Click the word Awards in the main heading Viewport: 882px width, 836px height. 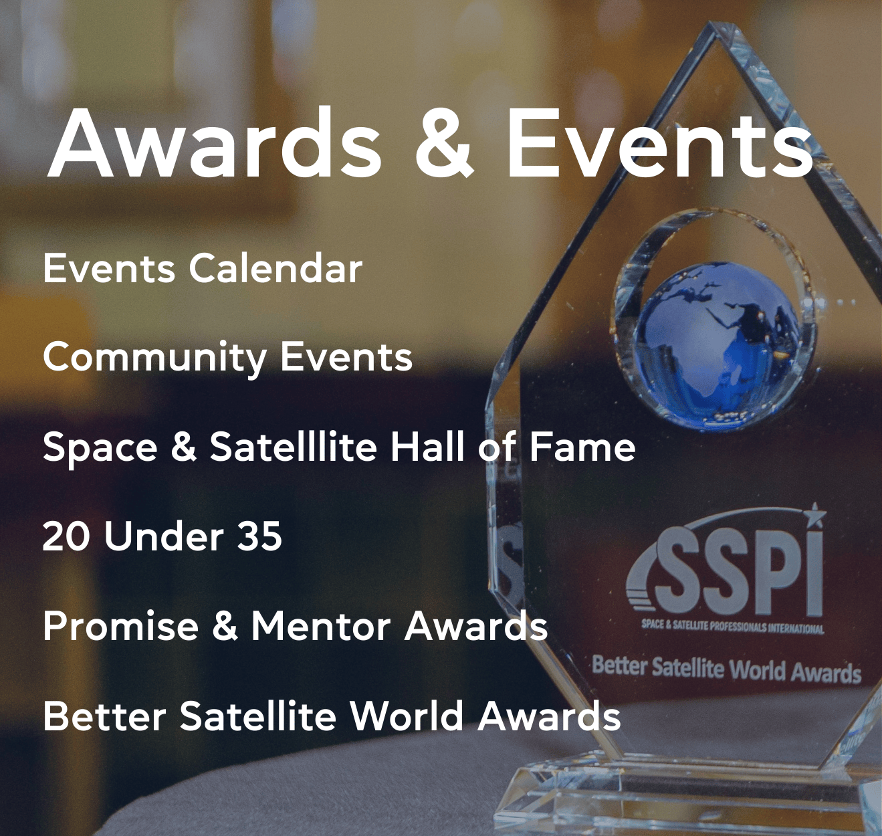[x=214, y=142]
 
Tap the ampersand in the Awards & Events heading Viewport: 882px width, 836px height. [x=444, y=144]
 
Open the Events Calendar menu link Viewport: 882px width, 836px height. [x=203, y=268]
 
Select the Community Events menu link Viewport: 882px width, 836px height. [x=227, y=358]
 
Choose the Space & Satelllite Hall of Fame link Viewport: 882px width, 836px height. [x=339, y=447]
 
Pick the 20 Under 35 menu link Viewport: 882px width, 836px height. [x=162, y=536]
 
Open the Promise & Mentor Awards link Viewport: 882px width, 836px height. [x=295, y=626]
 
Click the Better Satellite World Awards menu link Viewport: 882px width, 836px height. [x=332, y=716]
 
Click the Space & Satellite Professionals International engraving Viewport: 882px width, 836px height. [x=733, y=627]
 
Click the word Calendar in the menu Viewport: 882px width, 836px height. [x=275, y=268]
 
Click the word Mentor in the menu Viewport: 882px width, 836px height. [x=320, y=626]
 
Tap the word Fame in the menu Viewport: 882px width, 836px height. [x=582, y=447]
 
